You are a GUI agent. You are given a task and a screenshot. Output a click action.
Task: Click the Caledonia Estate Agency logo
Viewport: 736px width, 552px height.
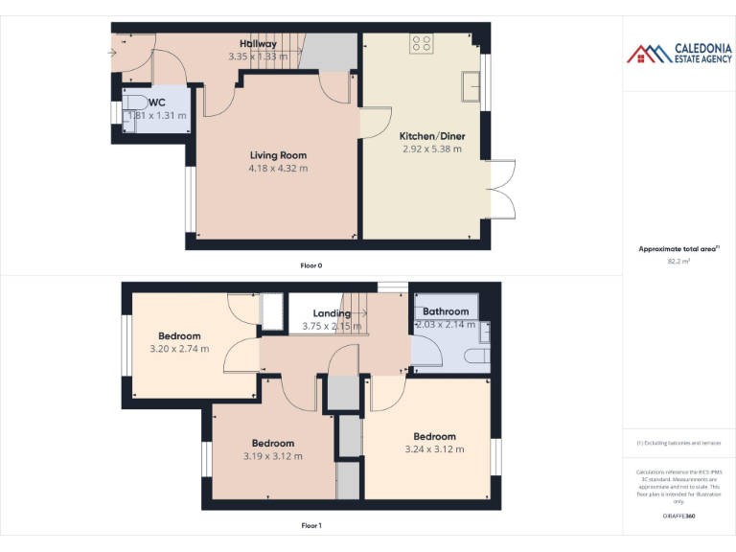coord(679,54)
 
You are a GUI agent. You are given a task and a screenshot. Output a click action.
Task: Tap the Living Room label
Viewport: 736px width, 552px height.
coord(278,155)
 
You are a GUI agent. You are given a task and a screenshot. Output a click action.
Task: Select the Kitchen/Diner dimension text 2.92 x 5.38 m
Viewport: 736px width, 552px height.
coord(431,149)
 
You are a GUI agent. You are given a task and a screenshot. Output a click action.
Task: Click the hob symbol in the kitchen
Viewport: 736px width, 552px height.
coord(421,43)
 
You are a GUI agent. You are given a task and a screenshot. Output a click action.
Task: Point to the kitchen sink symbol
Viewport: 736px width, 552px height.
coord(471,85)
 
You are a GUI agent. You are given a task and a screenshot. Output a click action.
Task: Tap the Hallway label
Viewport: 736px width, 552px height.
coord(258,44)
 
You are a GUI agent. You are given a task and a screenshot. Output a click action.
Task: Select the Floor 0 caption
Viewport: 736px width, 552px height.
coord(311,264)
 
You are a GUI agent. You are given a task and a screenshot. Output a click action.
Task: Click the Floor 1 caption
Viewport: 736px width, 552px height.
coord(311,525)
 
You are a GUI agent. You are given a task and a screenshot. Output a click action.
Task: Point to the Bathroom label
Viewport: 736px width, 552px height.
coord(446,311)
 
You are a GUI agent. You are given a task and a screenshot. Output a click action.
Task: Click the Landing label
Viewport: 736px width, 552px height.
coord(332,313)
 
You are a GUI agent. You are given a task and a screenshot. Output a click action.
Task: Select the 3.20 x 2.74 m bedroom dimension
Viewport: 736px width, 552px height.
coord(179,349)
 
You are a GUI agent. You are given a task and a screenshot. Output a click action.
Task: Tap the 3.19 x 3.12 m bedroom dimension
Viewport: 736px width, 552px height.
coord(273,456)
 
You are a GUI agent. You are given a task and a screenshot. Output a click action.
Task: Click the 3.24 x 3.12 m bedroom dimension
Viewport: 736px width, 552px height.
coord(434,449)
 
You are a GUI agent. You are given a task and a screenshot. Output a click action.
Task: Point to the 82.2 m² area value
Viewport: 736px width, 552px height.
coord(678,261)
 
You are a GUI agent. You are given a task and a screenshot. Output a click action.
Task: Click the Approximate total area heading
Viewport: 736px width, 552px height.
coord(678,249)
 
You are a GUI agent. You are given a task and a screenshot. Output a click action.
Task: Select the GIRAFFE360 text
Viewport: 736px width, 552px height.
coord(678,517)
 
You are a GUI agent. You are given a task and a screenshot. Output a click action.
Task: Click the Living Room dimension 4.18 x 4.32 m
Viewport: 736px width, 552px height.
coord(278,169)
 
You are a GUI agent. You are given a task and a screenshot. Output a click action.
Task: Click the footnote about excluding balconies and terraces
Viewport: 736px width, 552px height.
coord(678,443)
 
